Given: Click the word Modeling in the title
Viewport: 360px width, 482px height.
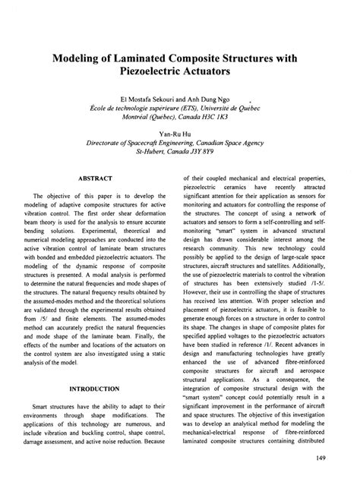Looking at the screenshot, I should click(x=78, y=59).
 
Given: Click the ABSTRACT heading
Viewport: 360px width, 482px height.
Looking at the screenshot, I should click(x=95, y=178).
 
